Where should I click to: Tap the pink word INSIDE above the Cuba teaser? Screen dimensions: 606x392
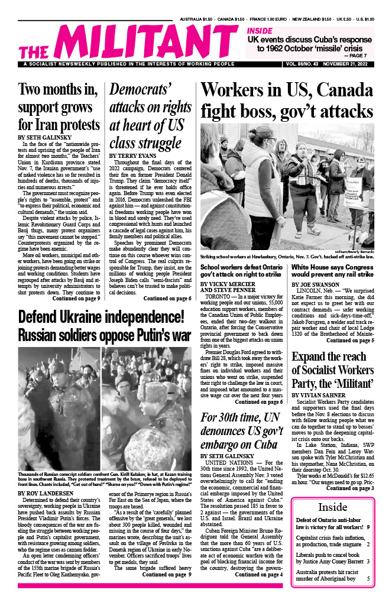[260, 31]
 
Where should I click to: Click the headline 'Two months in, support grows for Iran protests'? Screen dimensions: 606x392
[59, 108]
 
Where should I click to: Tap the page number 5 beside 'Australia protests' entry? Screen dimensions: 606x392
[368, 578]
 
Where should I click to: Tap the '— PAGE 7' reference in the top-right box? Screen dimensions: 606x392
[359, 55]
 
